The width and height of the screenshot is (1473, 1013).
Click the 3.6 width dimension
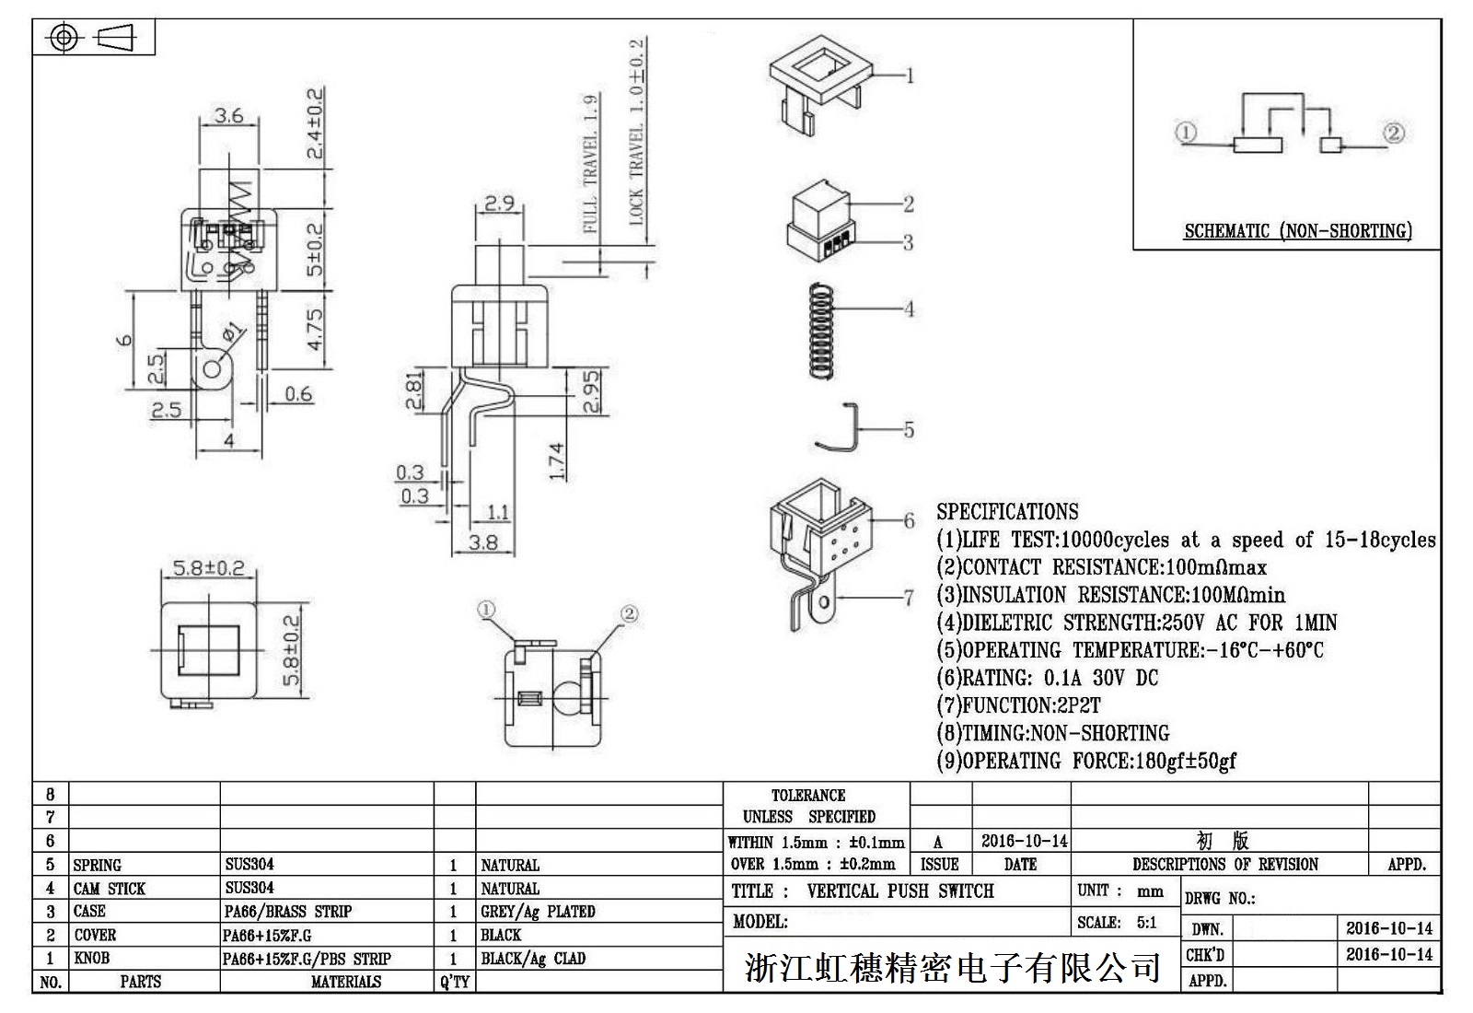229,116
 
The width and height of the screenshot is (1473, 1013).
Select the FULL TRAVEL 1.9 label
590,164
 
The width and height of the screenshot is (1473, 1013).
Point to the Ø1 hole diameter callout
233,332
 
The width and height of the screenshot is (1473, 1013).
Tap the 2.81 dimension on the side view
413,390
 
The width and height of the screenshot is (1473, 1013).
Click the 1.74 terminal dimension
556,461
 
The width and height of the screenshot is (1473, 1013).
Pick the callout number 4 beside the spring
909,309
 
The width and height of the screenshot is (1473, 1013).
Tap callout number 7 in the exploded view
909,598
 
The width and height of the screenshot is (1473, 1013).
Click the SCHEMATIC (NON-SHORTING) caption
1298,231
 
